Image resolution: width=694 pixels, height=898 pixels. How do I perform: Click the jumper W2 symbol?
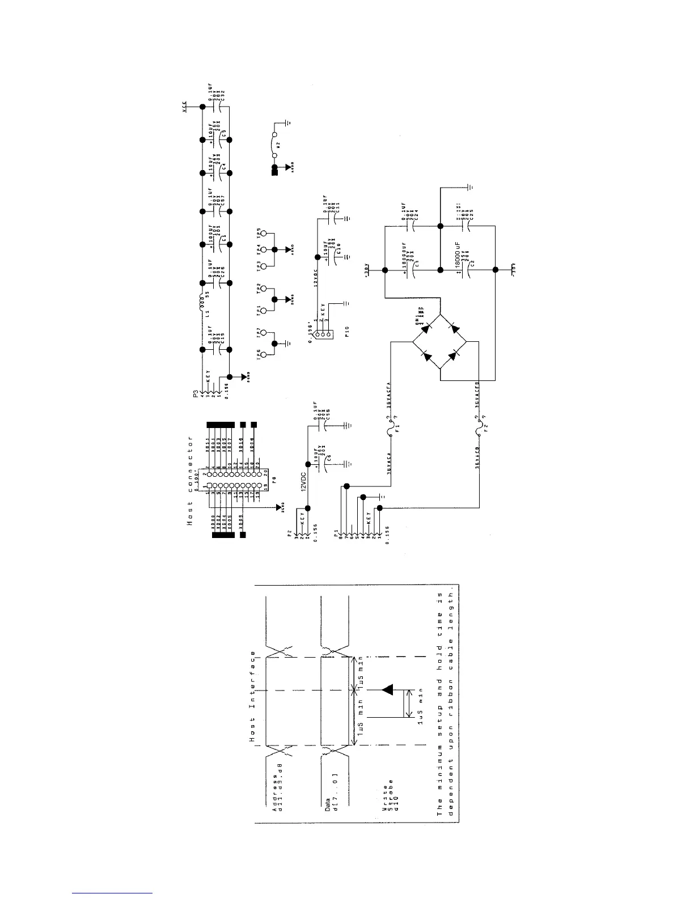[x=274, y=145]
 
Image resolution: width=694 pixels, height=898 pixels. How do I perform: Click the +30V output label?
[x=366, y=269]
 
